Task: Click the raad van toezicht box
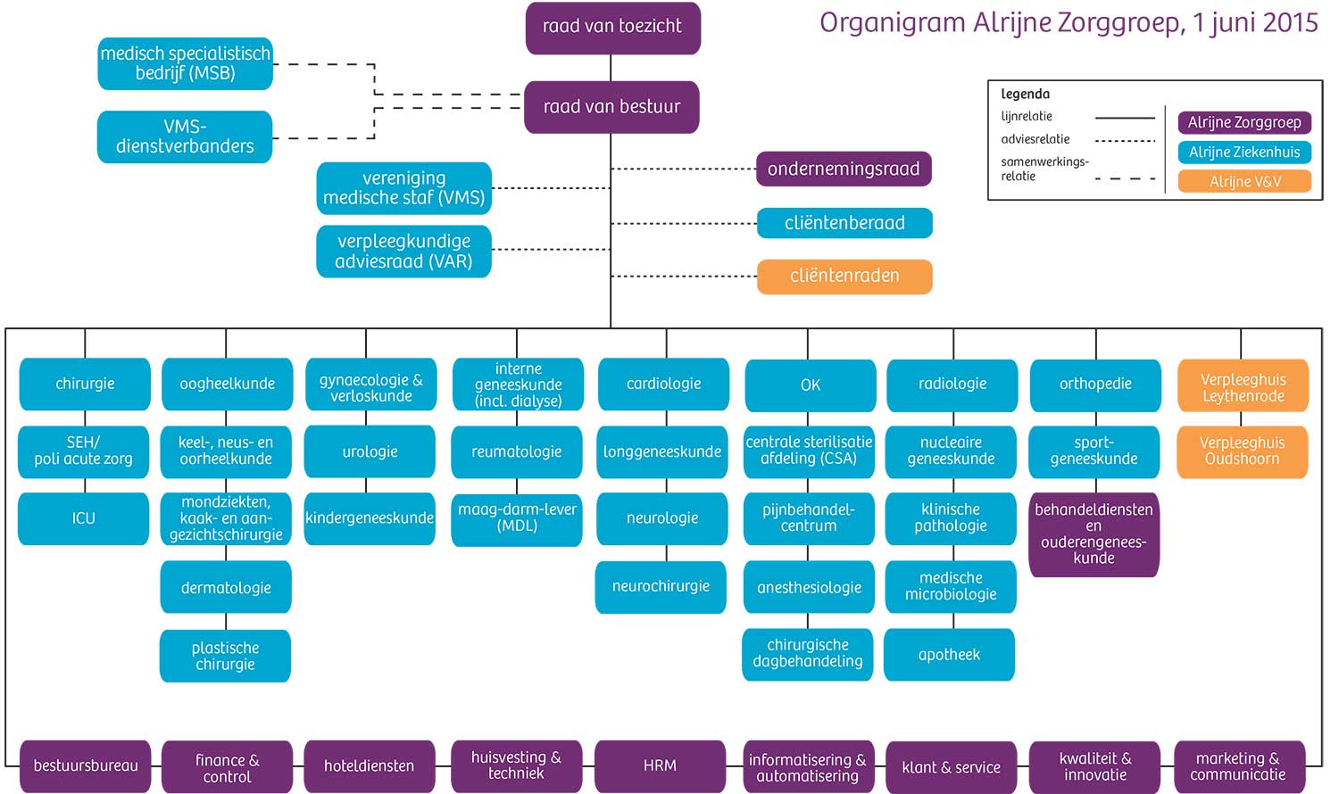[x=612, y=28]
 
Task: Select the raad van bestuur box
[x=611, y=107]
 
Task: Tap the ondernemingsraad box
[x=844, y=170]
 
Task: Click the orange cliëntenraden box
[x=844, y=277]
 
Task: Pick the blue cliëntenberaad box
[x=844, y=223]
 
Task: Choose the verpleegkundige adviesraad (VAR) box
[x=403, y=252]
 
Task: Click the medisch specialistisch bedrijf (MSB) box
[x=185, y=64]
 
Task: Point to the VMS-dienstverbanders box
[x=185, y=136]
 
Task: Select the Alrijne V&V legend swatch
[x=1244, y=182]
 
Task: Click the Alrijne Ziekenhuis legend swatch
[x=1244, y=153]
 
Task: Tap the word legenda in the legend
[x=1025, y=94]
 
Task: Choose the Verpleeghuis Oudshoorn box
[x=1242, y=451]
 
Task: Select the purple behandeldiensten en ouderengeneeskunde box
[x=1094, y=534]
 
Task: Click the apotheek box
[x=949, y=655]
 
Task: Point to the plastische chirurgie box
[x=225, y=657]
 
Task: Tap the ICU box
[x=83, y=518]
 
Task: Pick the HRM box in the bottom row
[x=660, y=766]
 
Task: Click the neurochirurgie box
[x=661, y=587]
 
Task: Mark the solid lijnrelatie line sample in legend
[x=1125, y=118]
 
